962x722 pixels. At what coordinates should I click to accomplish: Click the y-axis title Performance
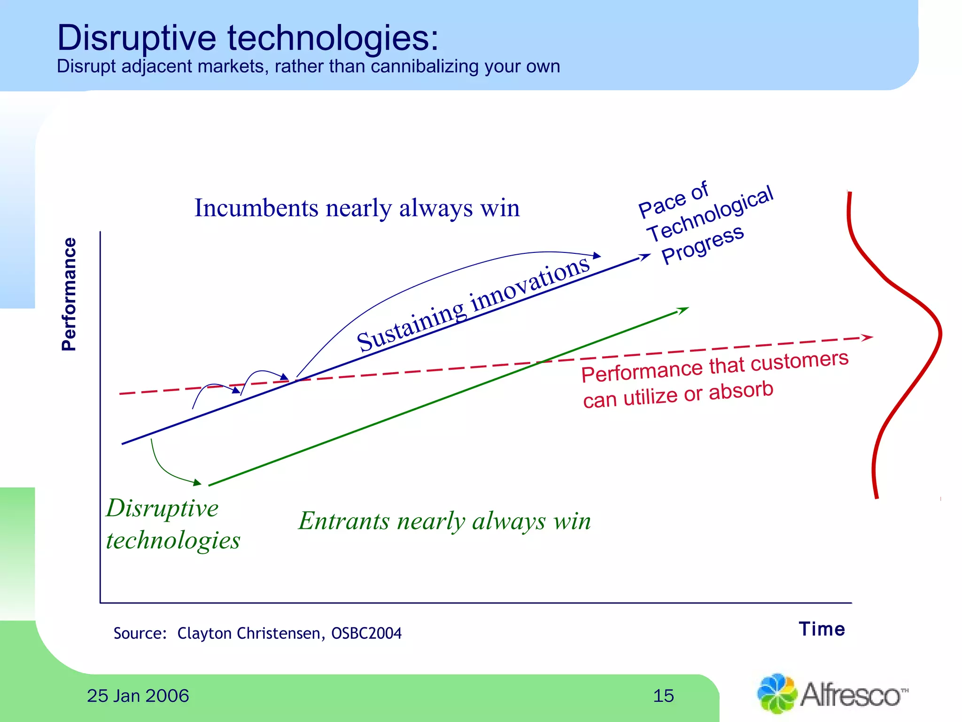pyautogui.click(x=69, y=294)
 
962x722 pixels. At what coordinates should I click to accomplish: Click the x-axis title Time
pyautogui.click(x=822, y=629)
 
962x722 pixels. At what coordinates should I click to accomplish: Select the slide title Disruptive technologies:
pyautogui.click(x=248, y=38)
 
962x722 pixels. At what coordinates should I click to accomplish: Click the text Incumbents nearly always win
pyautogui.click(x=357, y=208)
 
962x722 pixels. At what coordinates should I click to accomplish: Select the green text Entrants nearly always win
pyautogui.click(x=444, y=521)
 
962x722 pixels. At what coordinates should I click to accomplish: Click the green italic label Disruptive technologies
pyautogui.click(x=172, y=524)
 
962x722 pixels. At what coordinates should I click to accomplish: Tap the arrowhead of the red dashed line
pyautogui.click(x=867, y=337)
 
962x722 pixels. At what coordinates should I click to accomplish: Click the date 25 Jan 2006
pyautogui.click(x=138, y=696)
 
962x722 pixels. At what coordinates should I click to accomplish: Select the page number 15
pyautogui.click(x=663, y=696)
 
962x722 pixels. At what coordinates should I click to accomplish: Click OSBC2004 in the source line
pyautogui.click(x=366, y=633)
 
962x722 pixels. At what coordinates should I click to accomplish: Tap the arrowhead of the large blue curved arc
pyautogui.click(x=597, y=256)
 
